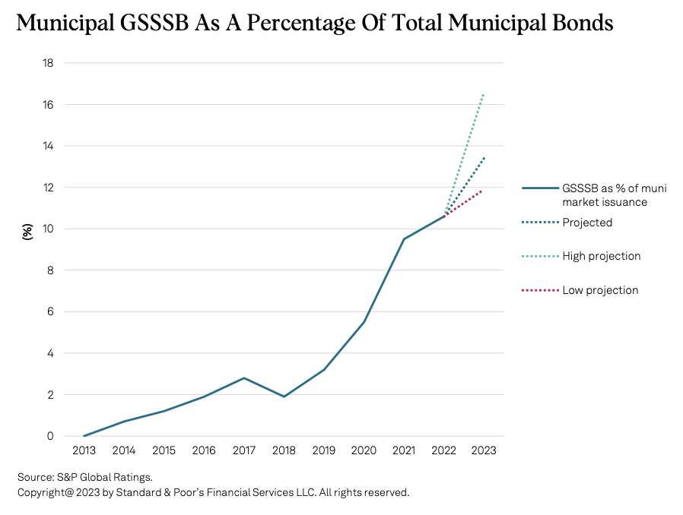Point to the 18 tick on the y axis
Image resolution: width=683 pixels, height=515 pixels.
coord(47,63)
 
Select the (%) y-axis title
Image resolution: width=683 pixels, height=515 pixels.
coord(27,231)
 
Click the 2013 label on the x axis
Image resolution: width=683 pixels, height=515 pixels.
coord(84,450)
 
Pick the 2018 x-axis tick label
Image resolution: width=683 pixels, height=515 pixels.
coord(284,450)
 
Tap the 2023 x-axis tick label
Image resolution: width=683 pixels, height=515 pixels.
coord(484,450)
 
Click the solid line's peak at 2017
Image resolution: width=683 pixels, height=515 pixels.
coord(244,378)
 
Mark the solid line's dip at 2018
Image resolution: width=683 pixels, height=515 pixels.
coord(284,397)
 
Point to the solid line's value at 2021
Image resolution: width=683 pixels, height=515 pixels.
coord(404,239)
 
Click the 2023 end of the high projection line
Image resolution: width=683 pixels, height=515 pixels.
coord(484,93)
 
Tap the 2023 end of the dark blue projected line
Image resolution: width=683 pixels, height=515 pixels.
coord(484,157)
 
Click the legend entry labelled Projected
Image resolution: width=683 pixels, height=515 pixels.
coord(587,223)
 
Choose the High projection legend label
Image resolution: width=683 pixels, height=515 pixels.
coord(602,256)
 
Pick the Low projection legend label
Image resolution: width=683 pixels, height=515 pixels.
coord(600,290)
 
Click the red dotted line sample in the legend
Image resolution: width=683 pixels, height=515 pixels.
coord(539,290)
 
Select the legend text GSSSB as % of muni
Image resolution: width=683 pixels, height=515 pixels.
coord(614,188)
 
